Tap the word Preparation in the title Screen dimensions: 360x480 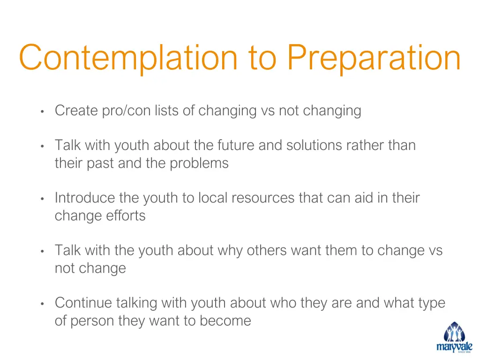click(374, 58)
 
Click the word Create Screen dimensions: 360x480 click(76, 111)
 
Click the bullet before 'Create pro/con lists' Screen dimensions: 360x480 click(42, 112)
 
